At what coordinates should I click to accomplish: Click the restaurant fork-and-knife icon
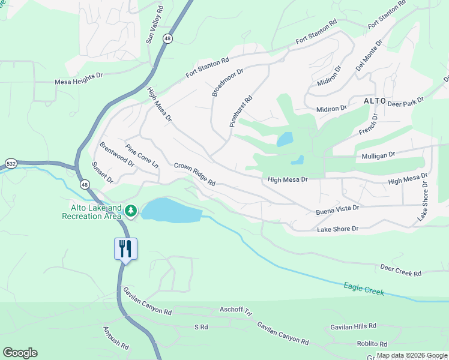pyautogui.click(x=125, y=248)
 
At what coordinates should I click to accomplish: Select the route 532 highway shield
pyautogui.click(x=11, y=163)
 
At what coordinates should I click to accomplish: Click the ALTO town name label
pyautogui.click(x=375, y=101)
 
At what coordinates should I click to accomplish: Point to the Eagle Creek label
pyautogui.click(x=364, y=289)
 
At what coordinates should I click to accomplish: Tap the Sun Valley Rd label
pyautogui.click(x=155, y=25)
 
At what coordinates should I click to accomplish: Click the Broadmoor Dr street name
pyautogui.click(x=228, y=82)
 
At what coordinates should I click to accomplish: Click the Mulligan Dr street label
pyautogui.click(x=378, y=154)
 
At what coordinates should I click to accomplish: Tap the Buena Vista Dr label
pyautogui.click(x=337, y=209)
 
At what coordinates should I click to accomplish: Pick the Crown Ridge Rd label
pyautogui.click(x=194, y=174)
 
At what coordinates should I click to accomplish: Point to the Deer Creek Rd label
pyautogui.click(x=401, y=269)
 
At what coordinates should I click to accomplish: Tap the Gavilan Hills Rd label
pyautogui.click(x=353, y=326)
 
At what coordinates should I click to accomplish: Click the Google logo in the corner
pyautogui.click(x=20, y=353)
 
